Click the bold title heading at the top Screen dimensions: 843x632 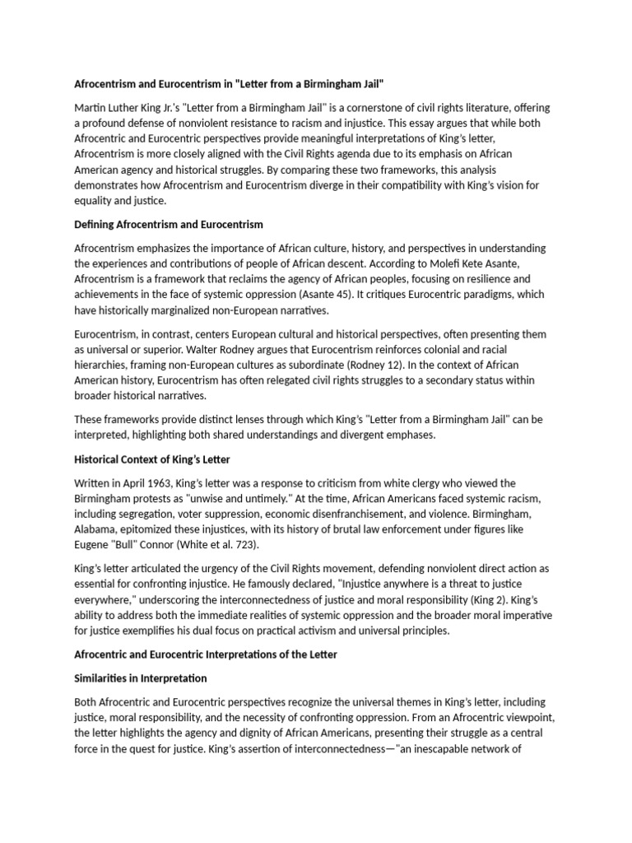click(x=230, y=84)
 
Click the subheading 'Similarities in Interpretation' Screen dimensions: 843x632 click(x=141, y=678)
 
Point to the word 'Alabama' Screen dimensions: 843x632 click(x=96, y=529)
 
